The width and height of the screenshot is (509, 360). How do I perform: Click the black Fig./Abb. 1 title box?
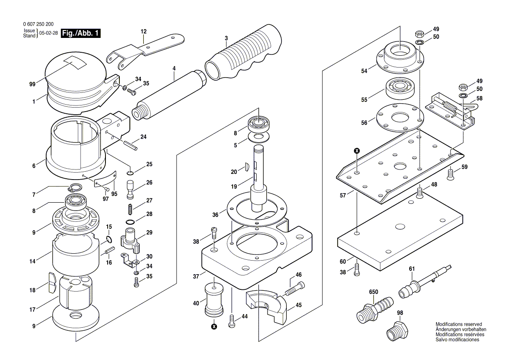tap(81, 34)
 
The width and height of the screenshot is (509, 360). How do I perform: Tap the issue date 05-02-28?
tap(49, 34)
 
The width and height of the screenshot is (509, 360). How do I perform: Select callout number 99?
tap(32, 84)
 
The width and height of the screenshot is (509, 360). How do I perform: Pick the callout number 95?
tap(115, 194)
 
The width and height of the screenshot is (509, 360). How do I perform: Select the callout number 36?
tap(215, 214)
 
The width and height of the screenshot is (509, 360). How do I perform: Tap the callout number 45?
tap(298, 305)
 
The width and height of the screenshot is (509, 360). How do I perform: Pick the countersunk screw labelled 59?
tap(451, 175)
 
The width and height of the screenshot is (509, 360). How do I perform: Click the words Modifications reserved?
tap(458, 325)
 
